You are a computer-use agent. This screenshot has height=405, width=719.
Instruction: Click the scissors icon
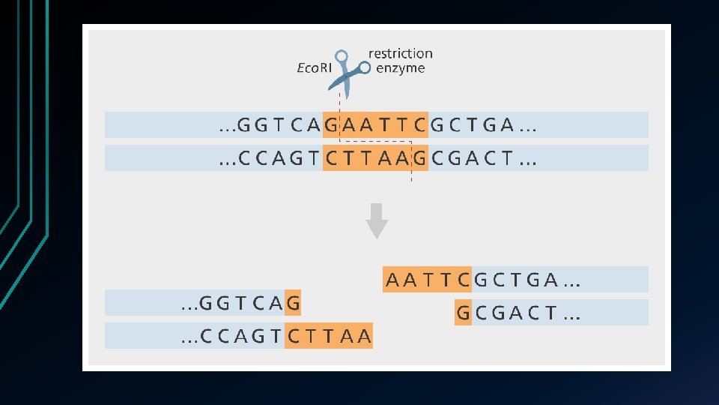[347, 70]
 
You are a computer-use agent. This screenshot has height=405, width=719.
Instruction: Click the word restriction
[401, 54]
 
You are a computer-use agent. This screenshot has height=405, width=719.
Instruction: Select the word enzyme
[400, 68]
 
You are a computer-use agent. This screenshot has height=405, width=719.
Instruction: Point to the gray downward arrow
[377, 220]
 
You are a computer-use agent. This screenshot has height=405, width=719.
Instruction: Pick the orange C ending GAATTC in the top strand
[419, 125]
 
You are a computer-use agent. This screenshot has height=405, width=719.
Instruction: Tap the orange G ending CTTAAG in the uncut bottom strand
[419, 158]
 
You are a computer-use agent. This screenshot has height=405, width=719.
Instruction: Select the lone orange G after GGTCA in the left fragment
[293, 303]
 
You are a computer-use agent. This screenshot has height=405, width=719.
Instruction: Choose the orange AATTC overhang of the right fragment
[428, 280]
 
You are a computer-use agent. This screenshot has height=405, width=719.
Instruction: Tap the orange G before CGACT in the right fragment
[464, 312]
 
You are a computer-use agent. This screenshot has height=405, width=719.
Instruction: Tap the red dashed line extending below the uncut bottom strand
[411, 177]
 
